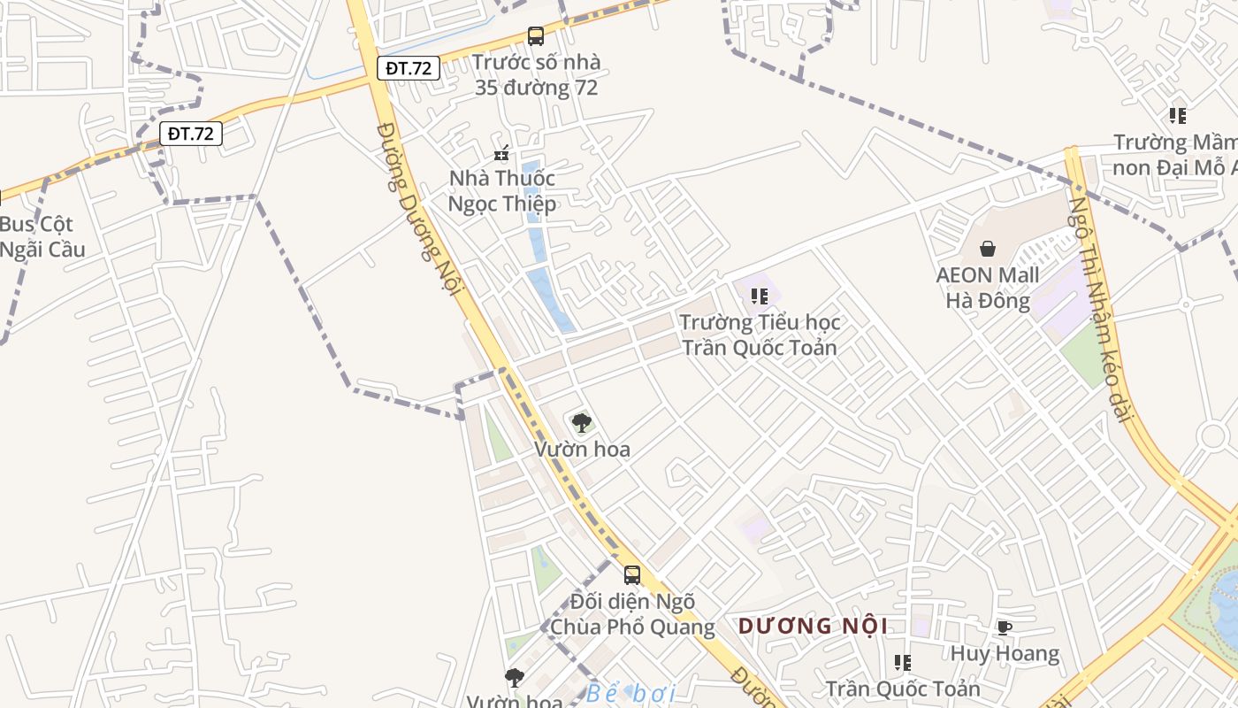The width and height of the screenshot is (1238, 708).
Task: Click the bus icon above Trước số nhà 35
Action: point(536,36)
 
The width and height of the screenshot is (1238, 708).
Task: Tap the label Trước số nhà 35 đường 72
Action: point(536,75)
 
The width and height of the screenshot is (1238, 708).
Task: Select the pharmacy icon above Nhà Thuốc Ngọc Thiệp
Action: point(501,153)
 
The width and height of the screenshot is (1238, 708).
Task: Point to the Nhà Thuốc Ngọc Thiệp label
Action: point(502,191)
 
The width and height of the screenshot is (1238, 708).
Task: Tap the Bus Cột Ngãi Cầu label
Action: point(42,237)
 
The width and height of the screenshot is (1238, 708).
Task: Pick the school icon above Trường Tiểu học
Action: point(759,296)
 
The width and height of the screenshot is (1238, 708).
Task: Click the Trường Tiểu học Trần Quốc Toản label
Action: point(760,335)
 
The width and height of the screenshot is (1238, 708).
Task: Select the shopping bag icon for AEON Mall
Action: point(988,249)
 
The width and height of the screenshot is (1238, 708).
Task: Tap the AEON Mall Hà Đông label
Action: point(988,289)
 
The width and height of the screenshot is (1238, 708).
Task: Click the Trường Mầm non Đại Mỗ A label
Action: point(1174,155)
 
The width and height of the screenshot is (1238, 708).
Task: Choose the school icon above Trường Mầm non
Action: point(1177,115)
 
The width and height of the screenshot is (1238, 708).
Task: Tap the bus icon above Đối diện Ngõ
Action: point(632,575)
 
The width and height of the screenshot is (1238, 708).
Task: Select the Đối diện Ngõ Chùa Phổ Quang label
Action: point(632,614)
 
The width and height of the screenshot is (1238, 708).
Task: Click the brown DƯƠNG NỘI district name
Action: point(813,627)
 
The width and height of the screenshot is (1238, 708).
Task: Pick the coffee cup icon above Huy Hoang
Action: point(1005,627)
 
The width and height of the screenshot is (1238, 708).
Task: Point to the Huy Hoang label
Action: point(1005,654)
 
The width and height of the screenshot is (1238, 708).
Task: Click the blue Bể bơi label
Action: point(630,693)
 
